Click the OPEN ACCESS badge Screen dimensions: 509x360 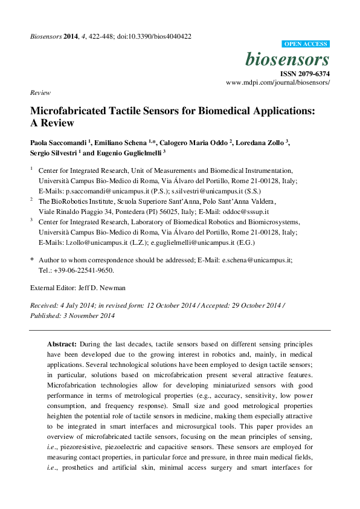pyautogui.click(x=306, y=44)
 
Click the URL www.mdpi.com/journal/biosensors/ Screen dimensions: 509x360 pyautogui.click(x=278, y=82)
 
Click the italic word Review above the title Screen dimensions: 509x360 pyautogui.click(x=39, y=92)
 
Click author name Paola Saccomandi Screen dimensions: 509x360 pyautogui.click(x=58, y=143)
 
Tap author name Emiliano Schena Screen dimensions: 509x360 pyautogui.click(x=123, y=143)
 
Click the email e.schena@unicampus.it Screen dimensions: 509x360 pyautogui.click(x=256, y=259)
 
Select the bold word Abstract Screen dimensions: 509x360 pyautogui.click(x=62, y=343)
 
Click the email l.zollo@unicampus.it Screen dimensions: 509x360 pyautogui.click(x=94, y=242)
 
